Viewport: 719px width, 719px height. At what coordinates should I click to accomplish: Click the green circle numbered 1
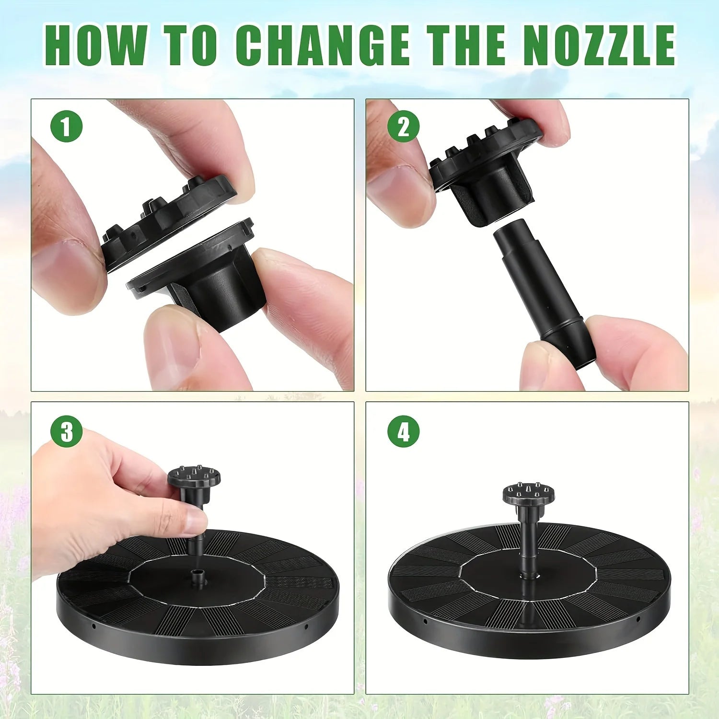pyautogui.click(x=67, y=126)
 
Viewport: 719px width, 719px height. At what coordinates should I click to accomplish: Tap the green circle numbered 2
pyautogui.click(x=403, y=126)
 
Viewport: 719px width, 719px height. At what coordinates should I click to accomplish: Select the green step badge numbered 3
pyautogui.click(x=67, y=431)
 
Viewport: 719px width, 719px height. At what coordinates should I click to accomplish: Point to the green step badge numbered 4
pyautogui.click(x=403, y=431)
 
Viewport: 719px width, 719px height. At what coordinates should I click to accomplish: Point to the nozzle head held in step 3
pyautogui.click(x=194, y=477)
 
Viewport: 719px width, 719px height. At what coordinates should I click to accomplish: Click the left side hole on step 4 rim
pyautogui.click(x=425, y=622)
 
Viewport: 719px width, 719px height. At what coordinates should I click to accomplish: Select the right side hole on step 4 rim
pyautogui.click(x=638, y=619)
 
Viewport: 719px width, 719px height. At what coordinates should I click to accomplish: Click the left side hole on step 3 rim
pyautogui.click(x=94, y=626)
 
